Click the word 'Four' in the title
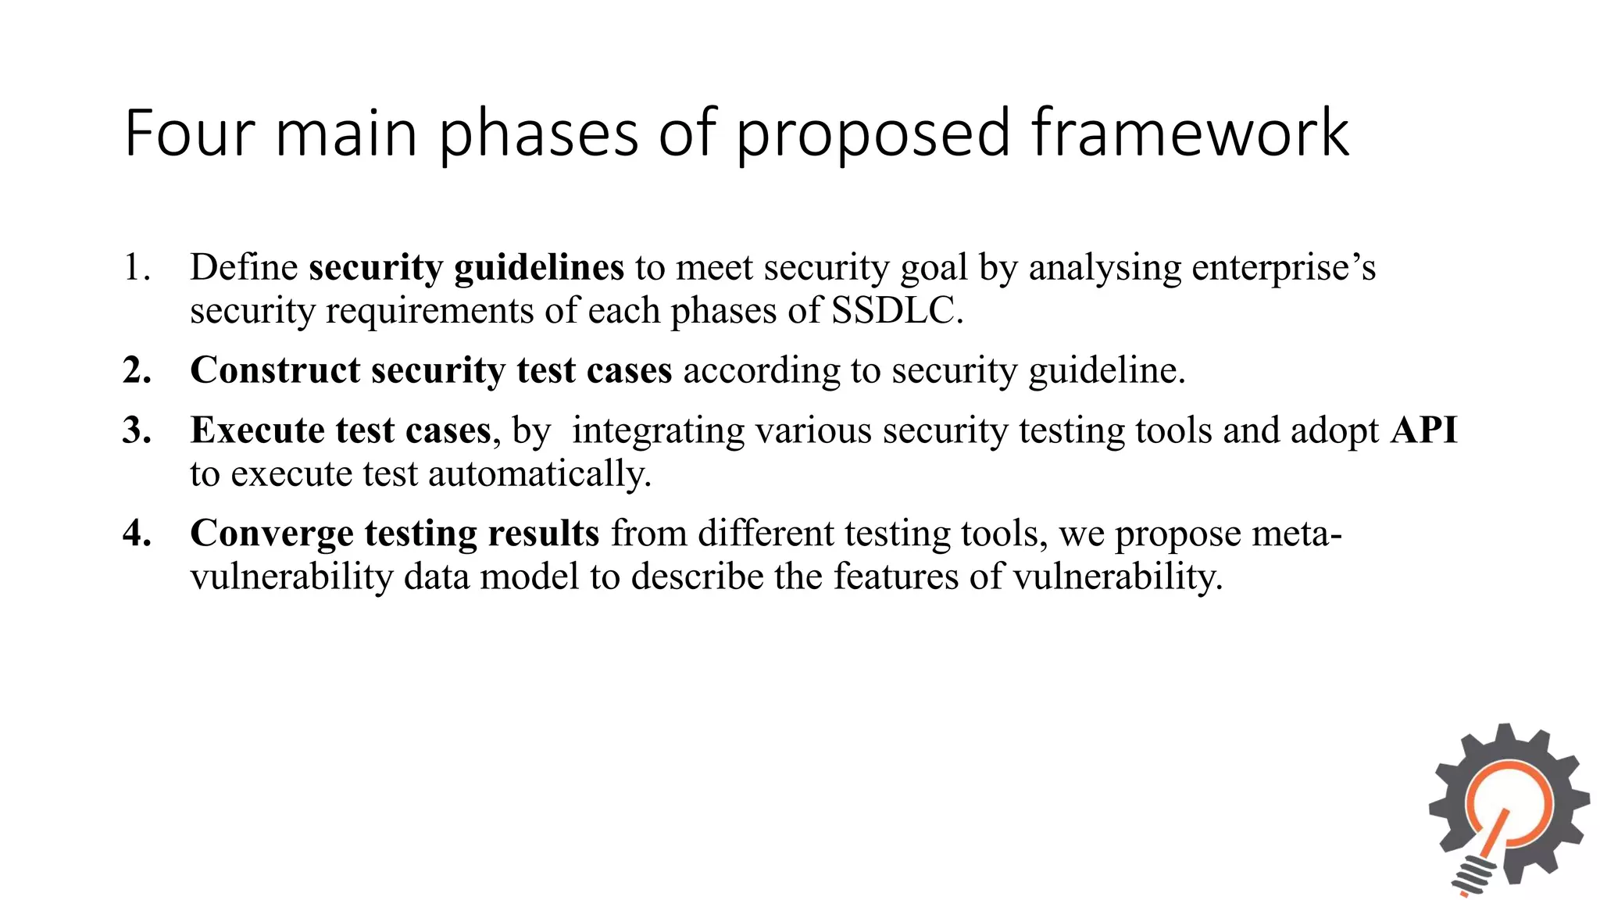point(190,134)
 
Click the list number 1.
point(137,268)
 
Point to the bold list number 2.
point(137,370)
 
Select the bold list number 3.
point(137,430)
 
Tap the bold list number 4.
point(137,534)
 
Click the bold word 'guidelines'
point(539,269)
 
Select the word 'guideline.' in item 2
point(1107,371)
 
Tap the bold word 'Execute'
point(257,430)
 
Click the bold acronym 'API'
point(1423,430)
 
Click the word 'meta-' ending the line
point(1297,534)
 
